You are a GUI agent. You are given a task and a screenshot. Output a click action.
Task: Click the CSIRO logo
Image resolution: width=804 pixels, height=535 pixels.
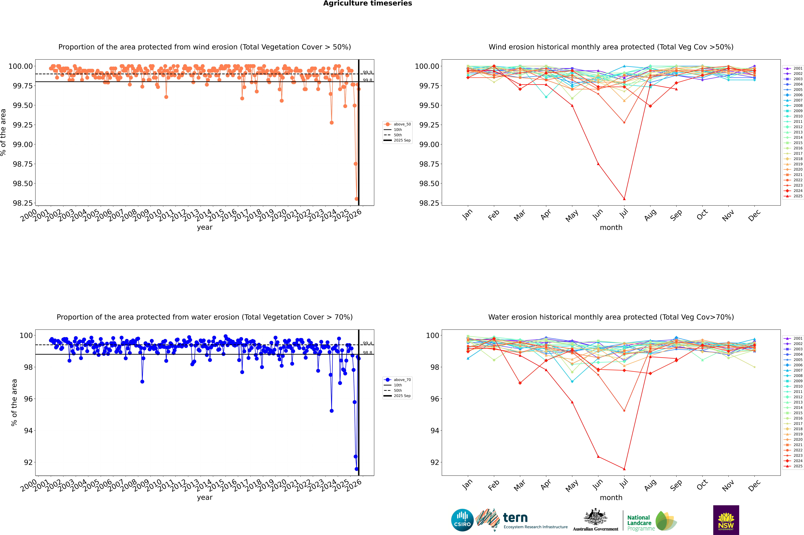(x=462, y=520)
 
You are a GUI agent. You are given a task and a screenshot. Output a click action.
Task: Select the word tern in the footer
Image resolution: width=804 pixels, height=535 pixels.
(x=515, y=518)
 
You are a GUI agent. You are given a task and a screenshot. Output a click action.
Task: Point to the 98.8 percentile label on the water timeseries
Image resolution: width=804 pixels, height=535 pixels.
(x=367, y=353)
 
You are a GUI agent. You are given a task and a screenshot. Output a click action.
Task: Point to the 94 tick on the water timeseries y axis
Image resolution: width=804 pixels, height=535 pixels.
(x=28, y=431)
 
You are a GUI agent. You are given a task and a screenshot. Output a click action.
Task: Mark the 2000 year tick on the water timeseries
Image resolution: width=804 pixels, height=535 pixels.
(x=29, y=485)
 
